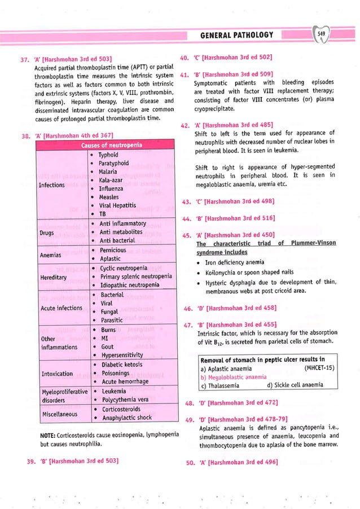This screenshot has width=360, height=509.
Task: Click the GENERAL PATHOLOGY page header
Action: pos(237,36)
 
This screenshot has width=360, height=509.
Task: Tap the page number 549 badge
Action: pos(322,34)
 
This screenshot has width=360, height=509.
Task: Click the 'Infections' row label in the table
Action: pos(52,185)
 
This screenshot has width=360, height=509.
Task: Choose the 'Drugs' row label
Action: pos(46,232)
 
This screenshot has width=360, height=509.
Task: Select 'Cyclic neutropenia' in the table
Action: pos(124,268)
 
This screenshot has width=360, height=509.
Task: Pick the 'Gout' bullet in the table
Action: pos(107,346)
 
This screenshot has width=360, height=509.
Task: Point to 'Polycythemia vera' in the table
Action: pos(124,400)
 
